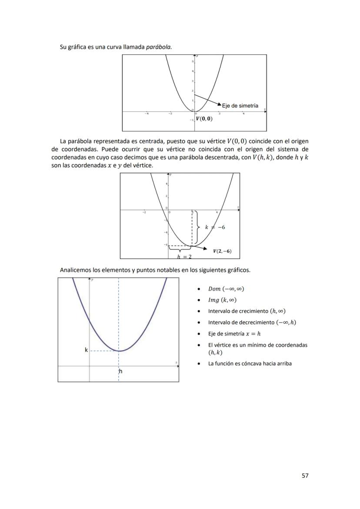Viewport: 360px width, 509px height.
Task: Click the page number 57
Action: click(x=305, y=476)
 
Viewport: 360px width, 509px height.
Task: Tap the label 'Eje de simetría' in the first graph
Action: click(x=240, y=106)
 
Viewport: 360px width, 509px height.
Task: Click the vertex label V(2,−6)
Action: click(x=222, y=251)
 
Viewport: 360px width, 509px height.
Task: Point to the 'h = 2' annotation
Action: click(x=184, y=256)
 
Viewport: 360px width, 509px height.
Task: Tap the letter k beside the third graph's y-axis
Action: click(x=86, y=350)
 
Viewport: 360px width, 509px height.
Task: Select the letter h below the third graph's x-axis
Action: click(x=120, y=372)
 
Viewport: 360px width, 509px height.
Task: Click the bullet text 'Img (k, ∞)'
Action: click(x=222, y=300)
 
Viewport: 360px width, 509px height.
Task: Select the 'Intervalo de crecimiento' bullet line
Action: click(x=247, y=311)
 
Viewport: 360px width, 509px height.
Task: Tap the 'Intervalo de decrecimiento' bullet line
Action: click(x=252, y=323)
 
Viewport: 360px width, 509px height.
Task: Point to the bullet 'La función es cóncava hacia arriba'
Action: click(x=250, y=363)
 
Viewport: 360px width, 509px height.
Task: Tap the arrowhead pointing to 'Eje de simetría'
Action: click(x=219, y=104)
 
